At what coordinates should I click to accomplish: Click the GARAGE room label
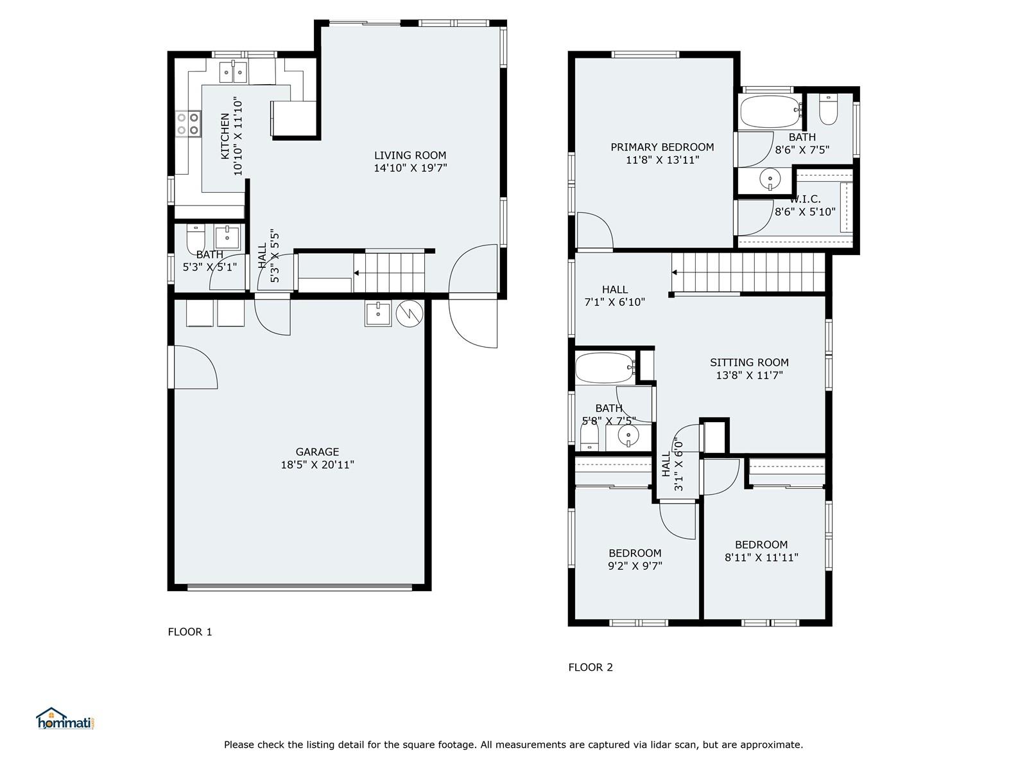click(x=317, y=452)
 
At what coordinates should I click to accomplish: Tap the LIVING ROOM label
click(x=410, y=155)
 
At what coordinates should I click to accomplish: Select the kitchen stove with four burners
click(x=188, y=123)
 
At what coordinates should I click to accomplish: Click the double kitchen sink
click(x=233, y=72)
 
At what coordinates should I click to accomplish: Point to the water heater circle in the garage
click(x=410, y=313)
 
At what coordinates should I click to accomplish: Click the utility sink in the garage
click(x=378, y=314)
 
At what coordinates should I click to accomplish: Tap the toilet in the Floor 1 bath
click(x=196, y=239)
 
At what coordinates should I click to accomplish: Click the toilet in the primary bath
click(x=828, y=110)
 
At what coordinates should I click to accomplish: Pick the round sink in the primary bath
click(x=770, y=179)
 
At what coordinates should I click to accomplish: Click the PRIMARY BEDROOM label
click(x=662, y=148)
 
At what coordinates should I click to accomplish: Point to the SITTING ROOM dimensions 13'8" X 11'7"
click(x=749, y=375)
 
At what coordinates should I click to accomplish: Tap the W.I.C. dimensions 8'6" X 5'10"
click(x=805, y=212)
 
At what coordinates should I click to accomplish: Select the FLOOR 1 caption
click(x=190, y=632)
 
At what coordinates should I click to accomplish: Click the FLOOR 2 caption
click(x=591, y=668)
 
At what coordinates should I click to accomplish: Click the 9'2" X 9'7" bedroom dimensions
click(x=635, y=566)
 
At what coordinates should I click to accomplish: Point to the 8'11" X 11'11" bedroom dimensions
click(x=761, y=558)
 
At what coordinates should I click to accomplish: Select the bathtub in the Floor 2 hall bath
click(x=605, y=368)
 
